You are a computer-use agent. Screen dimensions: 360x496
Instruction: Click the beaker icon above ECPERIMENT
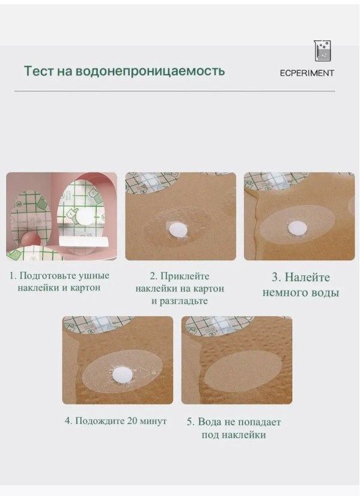(322, 51)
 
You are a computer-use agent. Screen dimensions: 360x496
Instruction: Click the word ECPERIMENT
(307, 73)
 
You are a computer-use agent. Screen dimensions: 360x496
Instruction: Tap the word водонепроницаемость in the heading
(151, 71)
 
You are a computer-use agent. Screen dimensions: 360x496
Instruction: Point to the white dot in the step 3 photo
(297, 228)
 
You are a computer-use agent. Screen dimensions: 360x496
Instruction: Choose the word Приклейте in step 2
(185, 276)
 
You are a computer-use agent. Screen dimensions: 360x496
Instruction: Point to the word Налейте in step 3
(307, 277)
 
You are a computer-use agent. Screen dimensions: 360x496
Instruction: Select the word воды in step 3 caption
(323, 293)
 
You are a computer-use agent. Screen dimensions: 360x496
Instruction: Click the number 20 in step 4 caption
(132, 421)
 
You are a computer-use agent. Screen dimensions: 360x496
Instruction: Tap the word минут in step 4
(153, 421)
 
